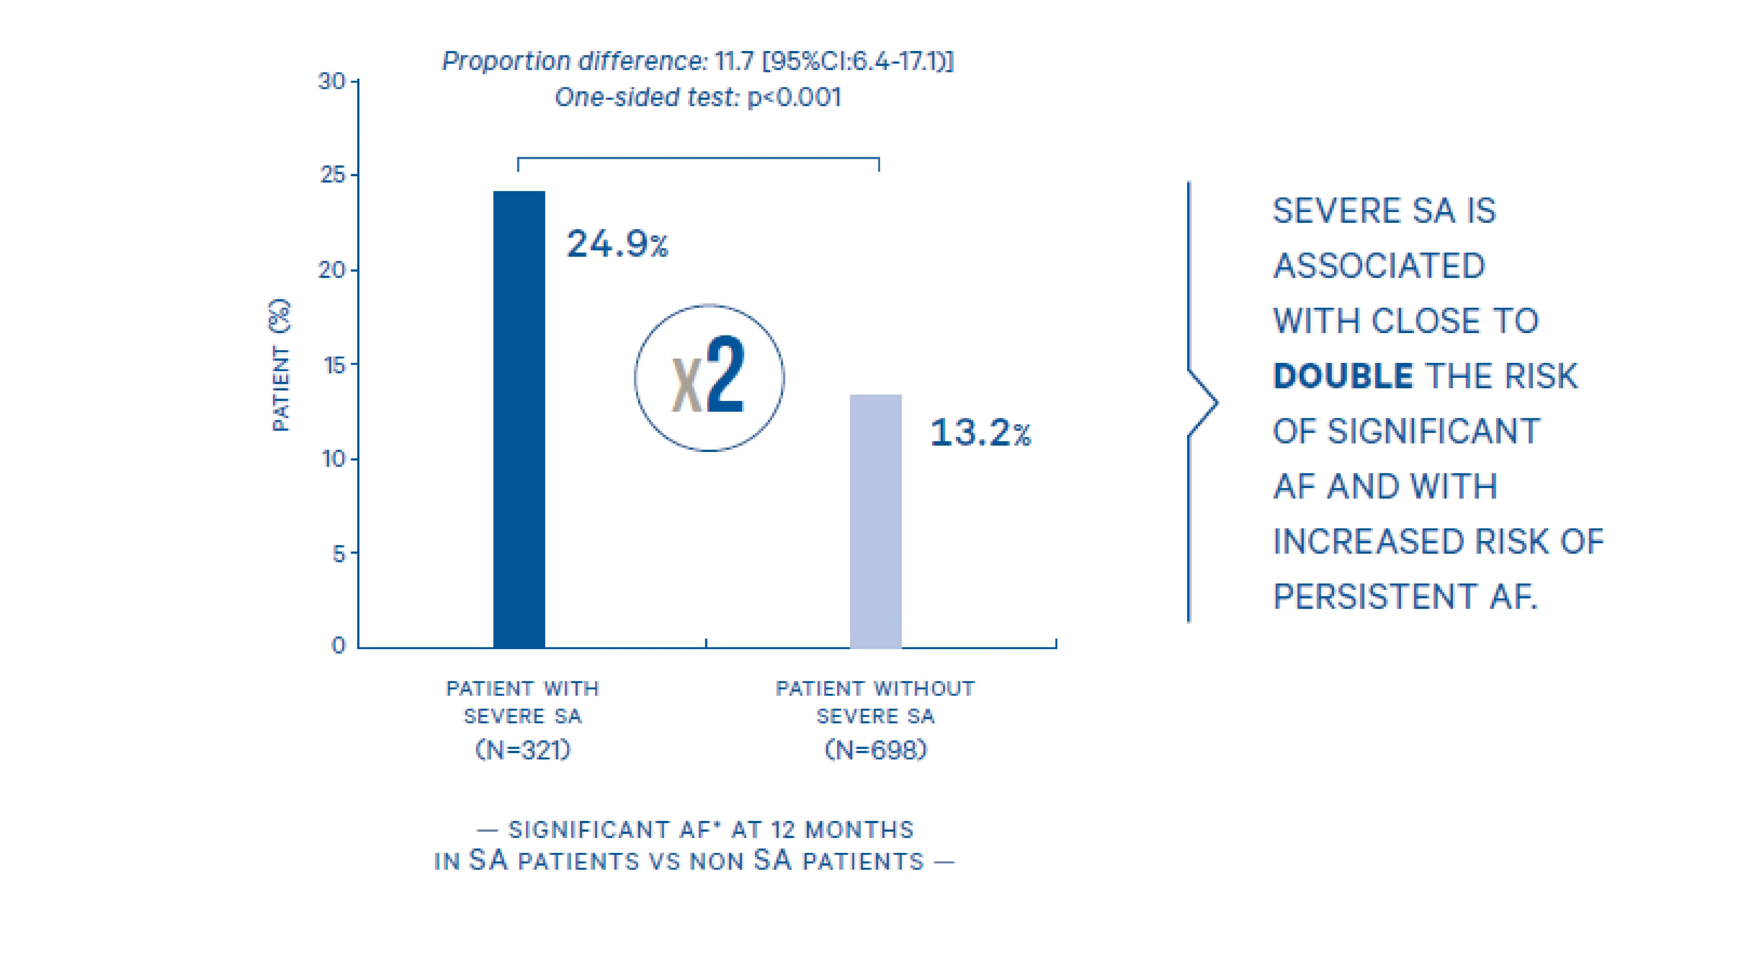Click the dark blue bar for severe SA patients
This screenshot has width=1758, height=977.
click(519, 419)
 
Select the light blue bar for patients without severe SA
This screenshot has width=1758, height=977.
click(876, 521)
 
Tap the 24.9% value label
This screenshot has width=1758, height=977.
click(617, 244)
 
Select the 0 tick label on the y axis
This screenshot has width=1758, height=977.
click(338, 645)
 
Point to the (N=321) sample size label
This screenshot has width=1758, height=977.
click(523, 750)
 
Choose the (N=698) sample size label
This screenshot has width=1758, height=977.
click(876, 750)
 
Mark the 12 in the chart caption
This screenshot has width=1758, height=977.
click(783, 829)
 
